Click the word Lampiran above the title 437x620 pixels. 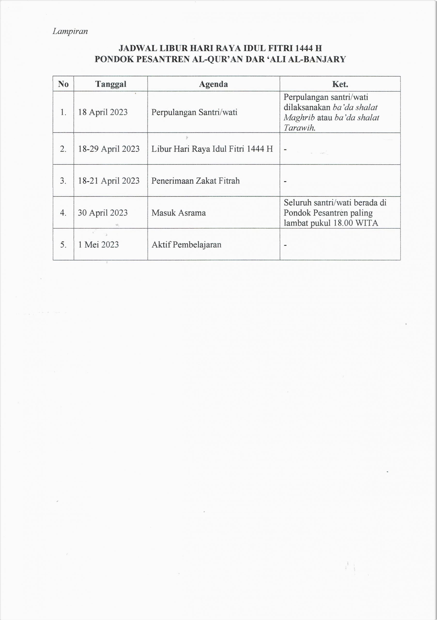[70, 31]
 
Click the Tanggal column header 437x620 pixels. [111, 84]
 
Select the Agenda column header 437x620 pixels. [213, 84]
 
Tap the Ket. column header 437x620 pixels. [340, 84]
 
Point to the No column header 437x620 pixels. [63, 84]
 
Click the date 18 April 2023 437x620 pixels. [103, 112]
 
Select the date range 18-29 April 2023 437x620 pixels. [109, 149]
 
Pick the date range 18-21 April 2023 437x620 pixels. [109, 181]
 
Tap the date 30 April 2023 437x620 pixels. [103, 213]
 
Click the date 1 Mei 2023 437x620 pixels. [99, 245]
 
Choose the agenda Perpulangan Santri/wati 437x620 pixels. [194, 112]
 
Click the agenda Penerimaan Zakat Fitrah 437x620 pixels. [195, 181]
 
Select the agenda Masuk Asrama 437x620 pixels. [179, 213]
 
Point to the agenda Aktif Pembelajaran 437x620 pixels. [186, 245]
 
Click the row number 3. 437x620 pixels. [63, 181]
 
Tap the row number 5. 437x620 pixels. [63, 245]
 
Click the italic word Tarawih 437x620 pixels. [299, 128]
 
